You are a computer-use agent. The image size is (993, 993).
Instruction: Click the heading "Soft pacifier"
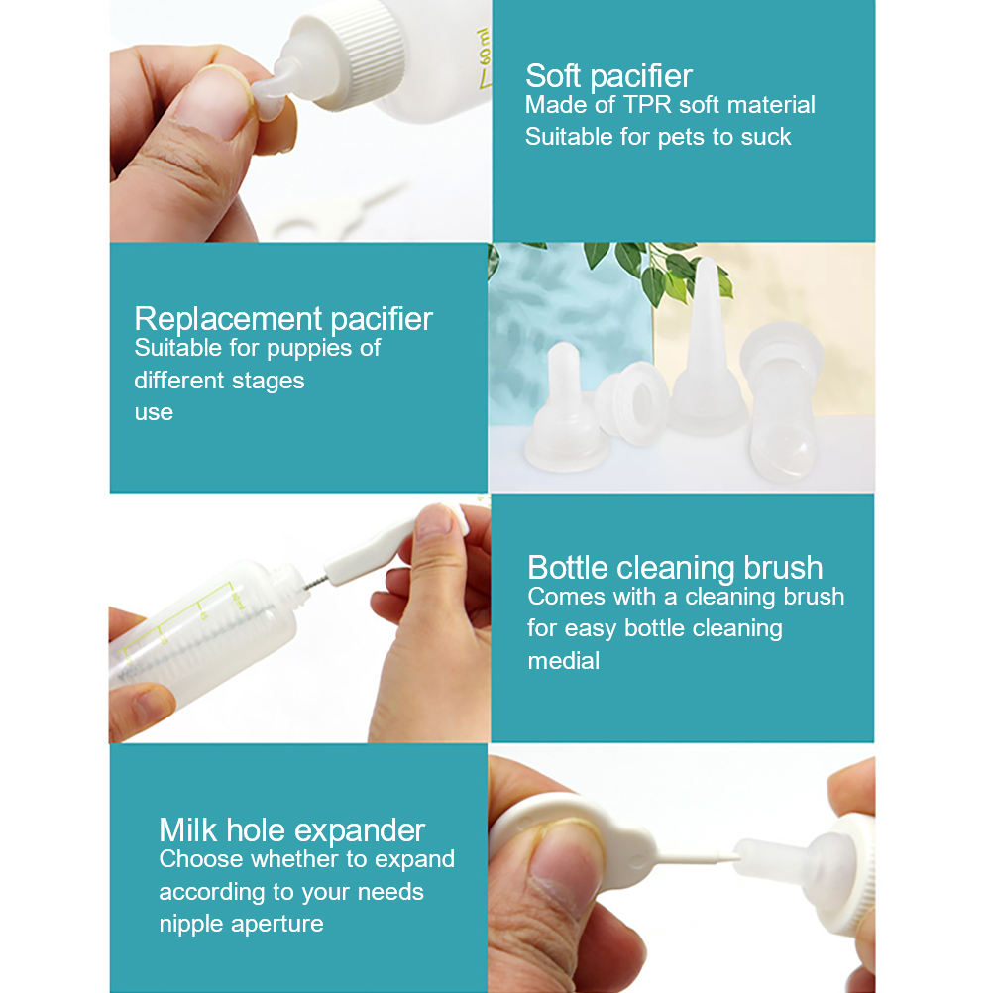point(608,76)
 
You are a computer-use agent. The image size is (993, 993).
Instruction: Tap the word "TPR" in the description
point(647,105)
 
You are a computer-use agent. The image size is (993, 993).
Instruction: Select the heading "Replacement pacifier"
point(283,319)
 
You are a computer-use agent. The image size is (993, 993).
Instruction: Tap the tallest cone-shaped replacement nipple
point(709,347)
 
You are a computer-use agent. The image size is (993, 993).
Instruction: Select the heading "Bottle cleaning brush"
point(675,568)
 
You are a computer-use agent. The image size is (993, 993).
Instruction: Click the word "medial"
point(564,661)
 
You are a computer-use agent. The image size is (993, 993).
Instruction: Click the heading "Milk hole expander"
point(292,830)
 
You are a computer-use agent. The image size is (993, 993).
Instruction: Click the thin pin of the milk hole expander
point(696,858)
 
